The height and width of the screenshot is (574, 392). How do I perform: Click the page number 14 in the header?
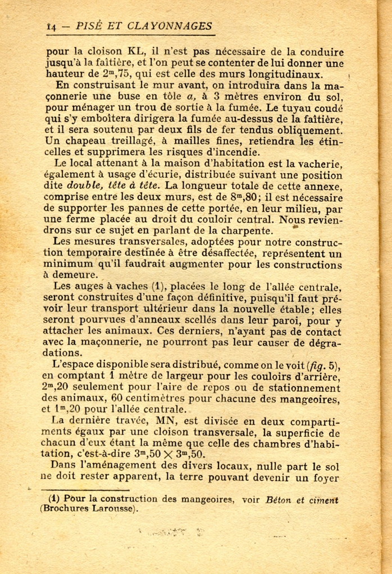(x=51, y=26)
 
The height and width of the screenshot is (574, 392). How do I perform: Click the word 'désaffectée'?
(x=207, y=253)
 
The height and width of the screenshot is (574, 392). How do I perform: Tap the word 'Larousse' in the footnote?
(x=111, y=510)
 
